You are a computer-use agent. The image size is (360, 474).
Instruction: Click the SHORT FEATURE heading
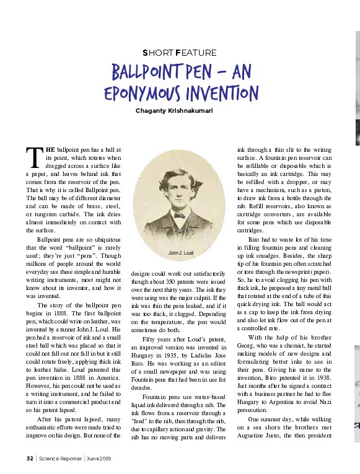[180, 53]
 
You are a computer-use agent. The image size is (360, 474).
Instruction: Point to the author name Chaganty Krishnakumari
[180, 112]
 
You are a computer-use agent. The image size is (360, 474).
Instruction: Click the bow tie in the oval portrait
[179, 215]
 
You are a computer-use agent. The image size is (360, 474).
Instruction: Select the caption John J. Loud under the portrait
[182, 253]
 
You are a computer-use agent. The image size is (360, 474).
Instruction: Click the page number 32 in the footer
[29, 459]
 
